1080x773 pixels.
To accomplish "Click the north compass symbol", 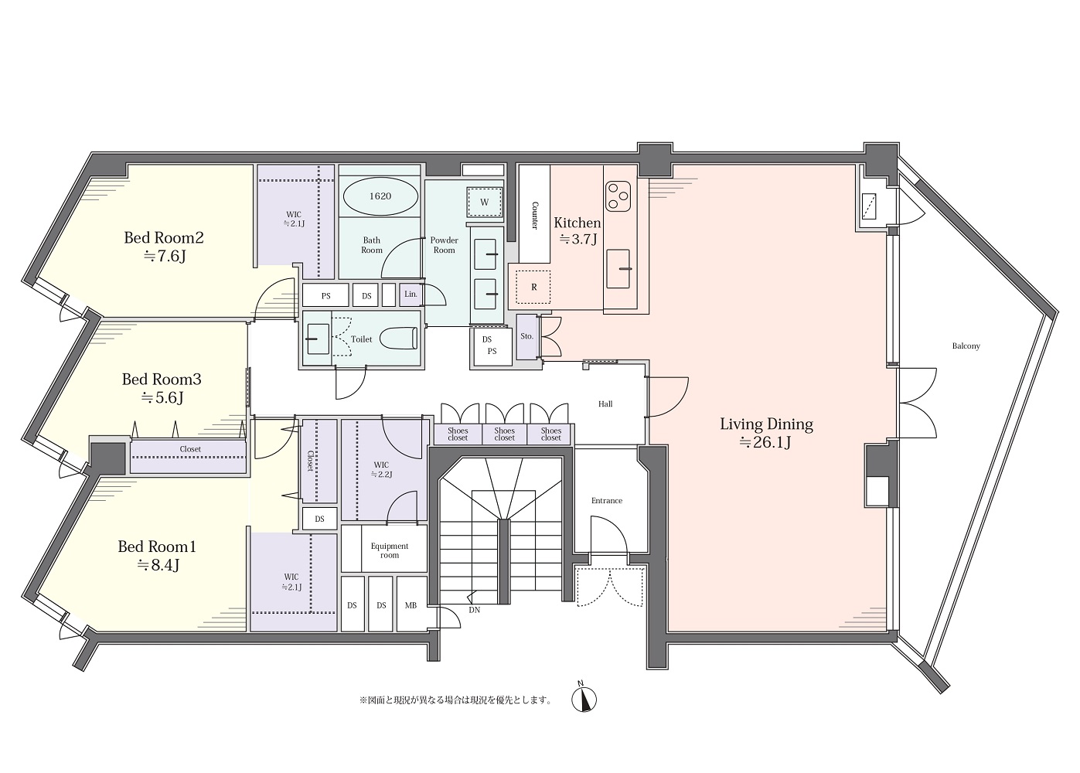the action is [x=584, y=699].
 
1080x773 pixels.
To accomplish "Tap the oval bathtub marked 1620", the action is [x=380, y=196].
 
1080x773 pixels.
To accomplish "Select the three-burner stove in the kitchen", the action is [x=618, y=196].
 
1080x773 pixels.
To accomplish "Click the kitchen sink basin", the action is [x=618, y=268].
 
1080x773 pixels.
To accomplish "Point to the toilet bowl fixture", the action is [x=398, y=338].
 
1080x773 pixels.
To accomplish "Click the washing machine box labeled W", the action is [x=485, y=202].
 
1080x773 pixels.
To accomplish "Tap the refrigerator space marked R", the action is [x=533, y=287].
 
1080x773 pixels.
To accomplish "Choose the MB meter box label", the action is [x=411, y=605].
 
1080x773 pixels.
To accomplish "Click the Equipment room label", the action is [x=390, y=550].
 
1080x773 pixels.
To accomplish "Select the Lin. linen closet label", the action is [x=411, y=294].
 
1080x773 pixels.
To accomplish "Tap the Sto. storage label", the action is [x=526, y=336].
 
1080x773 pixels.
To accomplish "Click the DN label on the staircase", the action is [x=475, y=610].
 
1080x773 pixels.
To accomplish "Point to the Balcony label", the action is [x=966, y=346].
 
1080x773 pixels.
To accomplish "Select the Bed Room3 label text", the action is [x=162, y=380].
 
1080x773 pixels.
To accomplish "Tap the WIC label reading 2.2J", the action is [x=381, y=469].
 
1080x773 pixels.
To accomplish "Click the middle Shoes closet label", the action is [x=504, y=434].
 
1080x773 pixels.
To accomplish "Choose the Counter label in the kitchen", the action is [x=535, y=215].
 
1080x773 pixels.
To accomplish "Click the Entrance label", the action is [x=607, y=501].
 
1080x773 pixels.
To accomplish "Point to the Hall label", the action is [x=605, y=404].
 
